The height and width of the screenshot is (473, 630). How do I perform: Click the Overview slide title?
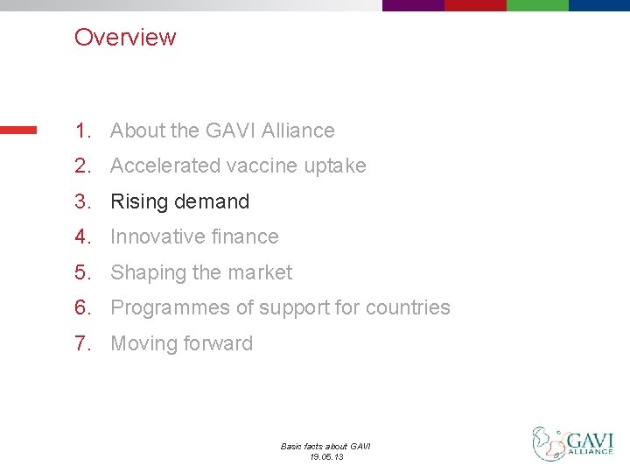coord(125,37)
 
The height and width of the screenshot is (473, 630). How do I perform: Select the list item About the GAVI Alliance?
coord(222,131)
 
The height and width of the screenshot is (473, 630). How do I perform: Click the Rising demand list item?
coord(179,201)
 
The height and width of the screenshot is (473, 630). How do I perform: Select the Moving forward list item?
coord(181,343)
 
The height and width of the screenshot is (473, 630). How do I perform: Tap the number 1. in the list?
coord(83,131)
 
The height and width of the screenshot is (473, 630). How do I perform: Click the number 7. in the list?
coord(83,343)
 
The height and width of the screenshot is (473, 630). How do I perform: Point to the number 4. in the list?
coord(83,236)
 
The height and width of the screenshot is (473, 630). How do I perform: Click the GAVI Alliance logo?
coord(573,443)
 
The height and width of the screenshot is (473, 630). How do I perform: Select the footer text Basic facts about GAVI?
coord(325,446)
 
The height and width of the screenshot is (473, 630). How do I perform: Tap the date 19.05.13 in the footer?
coord(326,456)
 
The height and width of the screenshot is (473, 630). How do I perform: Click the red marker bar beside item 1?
coord(18,130)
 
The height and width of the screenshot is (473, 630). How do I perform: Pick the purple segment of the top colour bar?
coord(413,5)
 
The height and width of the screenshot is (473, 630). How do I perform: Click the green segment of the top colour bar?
coord(537,5)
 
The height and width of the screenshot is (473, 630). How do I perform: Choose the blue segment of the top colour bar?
coord(599,5)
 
